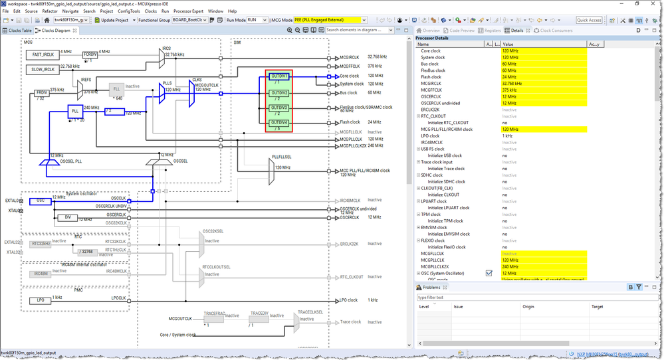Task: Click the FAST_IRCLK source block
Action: click(x=42, y=54)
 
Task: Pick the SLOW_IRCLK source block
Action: click(x=42, y=69)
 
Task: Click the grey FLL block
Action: click(x=116, y=88)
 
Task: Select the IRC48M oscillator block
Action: click(x=40, y=273)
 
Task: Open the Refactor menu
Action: click(x=50, y=11)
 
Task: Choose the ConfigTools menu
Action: click(x=129, y=11)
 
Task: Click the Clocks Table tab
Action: click(x=17, y=31)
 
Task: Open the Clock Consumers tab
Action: click(x=556, y=31)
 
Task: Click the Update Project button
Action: click(x=114, y=20)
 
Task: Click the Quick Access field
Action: click(x=589, y=20)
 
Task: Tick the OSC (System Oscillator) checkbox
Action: click(x=489, y=273)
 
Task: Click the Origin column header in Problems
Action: click(x=528, y=307)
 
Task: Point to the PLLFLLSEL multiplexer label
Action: click(x=282, y=157)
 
